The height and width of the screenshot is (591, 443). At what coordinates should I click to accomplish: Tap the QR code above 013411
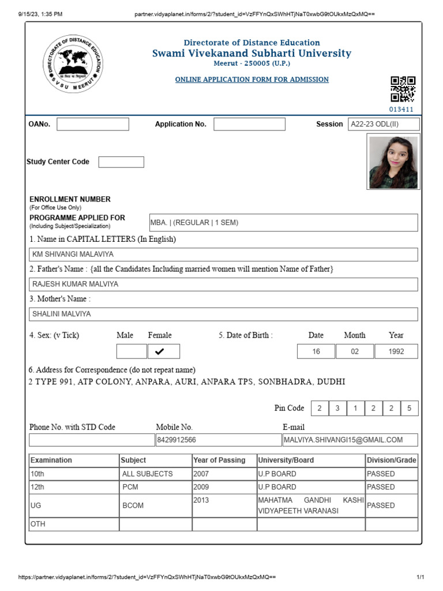click(x=403, y=89)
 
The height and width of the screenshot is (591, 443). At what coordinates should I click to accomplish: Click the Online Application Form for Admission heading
click(x=252, y=80)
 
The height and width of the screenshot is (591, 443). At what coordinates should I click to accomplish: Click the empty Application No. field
click(x=249, y=124)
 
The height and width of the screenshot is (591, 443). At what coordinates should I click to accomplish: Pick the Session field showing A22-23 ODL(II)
click(x=383, y=124)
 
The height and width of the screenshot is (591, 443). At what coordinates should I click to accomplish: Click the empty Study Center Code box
click(x=121, y=162)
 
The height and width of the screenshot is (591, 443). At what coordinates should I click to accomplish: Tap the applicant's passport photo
click(x=393, y=162)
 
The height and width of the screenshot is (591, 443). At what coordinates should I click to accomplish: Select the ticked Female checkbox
click(x=164, y=351)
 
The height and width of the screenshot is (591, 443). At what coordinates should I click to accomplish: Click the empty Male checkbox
click(x=132, y=351)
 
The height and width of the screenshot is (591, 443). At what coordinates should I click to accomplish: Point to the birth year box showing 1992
click(x=396, y=351)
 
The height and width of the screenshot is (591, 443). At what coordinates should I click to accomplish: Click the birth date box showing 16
click(x=316, y=351)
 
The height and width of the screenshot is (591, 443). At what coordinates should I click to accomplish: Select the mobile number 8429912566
click(x=218, y=440)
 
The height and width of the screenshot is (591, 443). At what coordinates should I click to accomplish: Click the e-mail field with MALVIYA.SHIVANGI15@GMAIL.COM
click(x=350, y=440)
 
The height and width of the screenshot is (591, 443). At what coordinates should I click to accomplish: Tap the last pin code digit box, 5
click(x=409, y=409)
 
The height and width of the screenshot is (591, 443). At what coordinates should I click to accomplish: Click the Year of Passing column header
click(x=224, y=460)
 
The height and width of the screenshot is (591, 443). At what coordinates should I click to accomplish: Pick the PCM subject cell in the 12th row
click(x=156, y=487)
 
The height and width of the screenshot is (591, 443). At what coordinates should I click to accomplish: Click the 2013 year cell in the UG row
click(x=224, y=500)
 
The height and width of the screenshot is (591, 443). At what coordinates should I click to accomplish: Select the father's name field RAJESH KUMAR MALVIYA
click(x=223, y=285)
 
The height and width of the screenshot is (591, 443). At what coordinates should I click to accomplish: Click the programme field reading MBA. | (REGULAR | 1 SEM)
click(x=283, y=223)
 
